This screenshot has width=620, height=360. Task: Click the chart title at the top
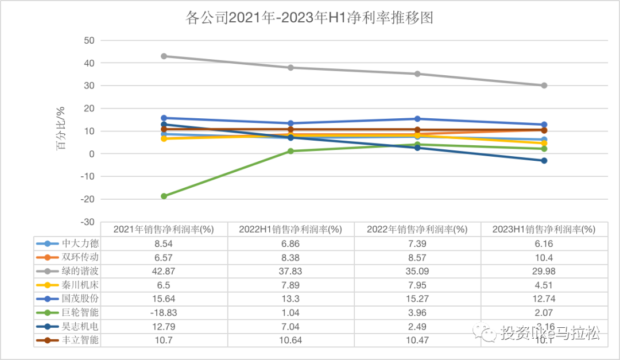(309, 18)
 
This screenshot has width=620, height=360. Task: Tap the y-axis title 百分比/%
(60, 131)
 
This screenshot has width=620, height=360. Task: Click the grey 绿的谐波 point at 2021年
(164, 56)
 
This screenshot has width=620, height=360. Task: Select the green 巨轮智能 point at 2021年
(164, 196)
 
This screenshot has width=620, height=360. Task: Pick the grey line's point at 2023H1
(544, 86)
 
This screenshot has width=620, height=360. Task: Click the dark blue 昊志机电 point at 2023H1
(544, 161)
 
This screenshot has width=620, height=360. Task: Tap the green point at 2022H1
(290, 151)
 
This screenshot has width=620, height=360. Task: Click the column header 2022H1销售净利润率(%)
(290, 229)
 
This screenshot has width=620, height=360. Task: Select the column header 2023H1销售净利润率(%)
(544, 229)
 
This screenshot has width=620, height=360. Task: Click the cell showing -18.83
(164, 312)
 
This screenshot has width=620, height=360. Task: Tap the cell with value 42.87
(164, 271)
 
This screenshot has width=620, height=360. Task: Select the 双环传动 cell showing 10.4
(544, 257)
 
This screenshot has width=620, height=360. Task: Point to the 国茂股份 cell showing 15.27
(417, 299)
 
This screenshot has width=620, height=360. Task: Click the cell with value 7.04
(290, 326)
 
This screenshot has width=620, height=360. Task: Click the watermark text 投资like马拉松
(549, 334)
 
